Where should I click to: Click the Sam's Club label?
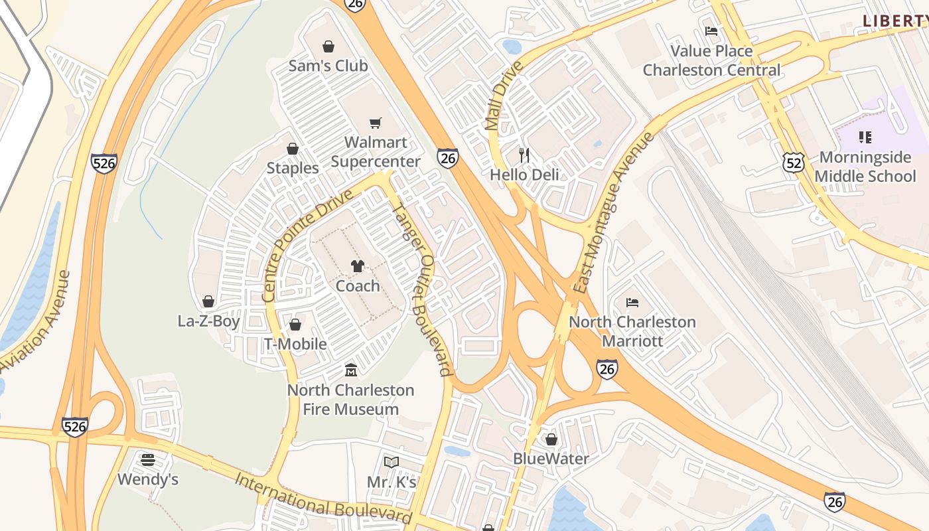pyautogui.click(x=328, y=66)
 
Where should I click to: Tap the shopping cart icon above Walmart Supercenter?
pyautogui.click(x=376, y=123)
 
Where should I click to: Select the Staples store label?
pyautogui.click(x=293, y=168)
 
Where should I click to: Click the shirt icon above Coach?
pyautogui.click(x=358, y=266)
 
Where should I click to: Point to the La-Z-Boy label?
pyautogui.click(x=208, y=321)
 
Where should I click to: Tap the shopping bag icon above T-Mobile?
pyautogui.click(x=295, y=325)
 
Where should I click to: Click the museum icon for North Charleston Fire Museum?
pyautogui.click(x=351, y=370)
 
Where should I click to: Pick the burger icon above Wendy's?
pyautogui.click(x=148, y=460)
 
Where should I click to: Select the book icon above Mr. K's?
pyautogui.click(x=392, y=462)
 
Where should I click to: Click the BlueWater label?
pyautogui.click(x=551, y=459)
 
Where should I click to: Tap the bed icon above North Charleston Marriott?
pyautogui.click(x=632, y=303)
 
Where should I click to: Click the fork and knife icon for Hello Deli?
pyautogui.click(x=524, y=155)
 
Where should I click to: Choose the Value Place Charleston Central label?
pyautogui.click(x=711, y=60)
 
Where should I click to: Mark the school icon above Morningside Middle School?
pyautogui.click(x=865, y=137)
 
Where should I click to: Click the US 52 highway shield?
pyautogui.click(x=793, y=161)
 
